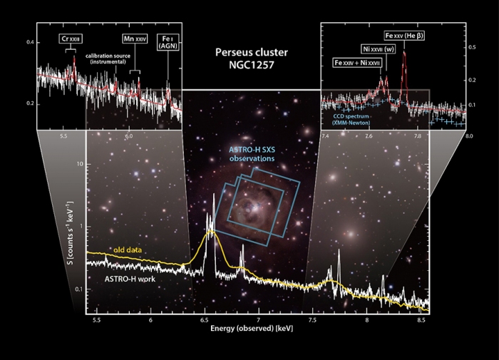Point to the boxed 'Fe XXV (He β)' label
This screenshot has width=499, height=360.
pos(404,36)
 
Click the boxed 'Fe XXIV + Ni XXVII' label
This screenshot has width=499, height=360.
pos(359,63)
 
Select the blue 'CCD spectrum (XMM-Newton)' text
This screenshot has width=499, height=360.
pos(356,118)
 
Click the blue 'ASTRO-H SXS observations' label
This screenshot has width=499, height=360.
pos(250,153)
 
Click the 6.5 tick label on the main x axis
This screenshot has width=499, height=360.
pos(205,321)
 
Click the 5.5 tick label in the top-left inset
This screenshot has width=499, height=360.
pos(63,135)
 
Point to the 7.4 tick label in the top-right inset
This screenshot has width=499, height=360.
pos(325,135)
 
